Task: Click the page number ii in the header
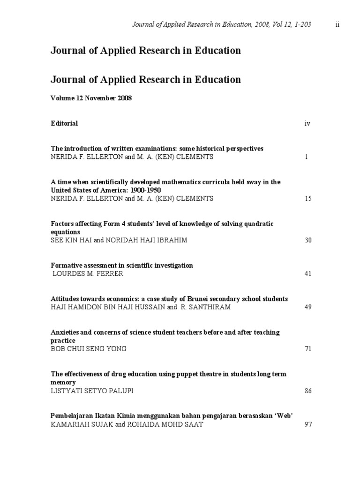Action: tap(337, 25)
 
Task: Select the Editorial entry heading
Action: tap(64, 123)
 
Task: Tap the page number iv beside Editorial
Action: tap(307, 124)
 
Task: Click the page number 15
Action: tap(308, 199)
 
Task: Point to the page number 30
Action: tap(308, 240)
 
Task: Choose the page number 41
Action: tap(308, 274)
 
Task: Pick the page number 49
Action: tap(308, 307)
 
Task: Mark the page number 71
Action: tap(308, 349)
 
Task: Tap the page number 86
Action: tap(308, 391)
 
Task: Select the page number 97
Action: tap(308, 425)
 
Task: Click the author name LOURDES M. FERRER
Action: tap(88, 274)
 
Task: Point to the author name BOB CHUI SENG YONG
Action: tap(89, 349)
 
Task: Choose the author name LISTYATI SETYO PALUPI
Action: tap(95, 391)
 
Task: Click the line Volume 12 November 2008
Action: tap(91, 98)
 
